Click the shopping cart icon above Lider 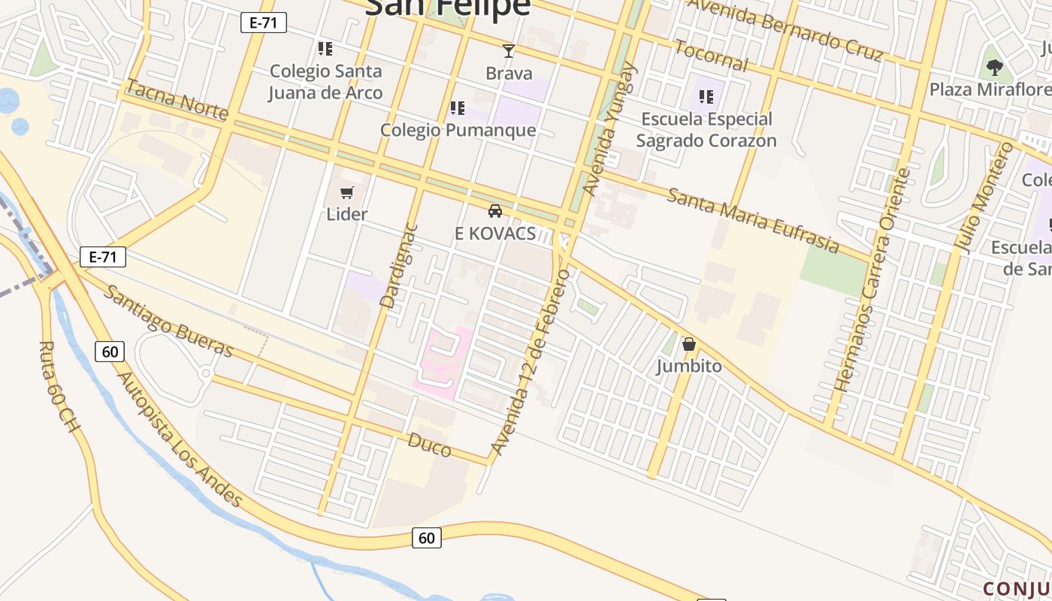click(347, 193)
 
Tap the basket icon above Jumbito click(689, 345)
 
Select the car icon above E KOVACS click(495, 211)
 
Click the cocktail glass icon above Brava click(509, 51)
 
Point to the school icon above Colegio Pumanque click(457, 108)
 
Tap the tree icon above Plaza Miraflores click(994, 68)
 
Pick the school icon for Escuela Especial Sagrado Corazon click(706, 96)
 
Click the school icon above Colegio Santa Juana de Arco click(325, 49)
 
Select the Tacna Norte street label click(177, 98)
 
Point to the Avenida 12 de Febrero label click(530, 362)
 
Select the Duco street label click(430, 445)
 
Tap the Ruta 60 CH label click(59, 386)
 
